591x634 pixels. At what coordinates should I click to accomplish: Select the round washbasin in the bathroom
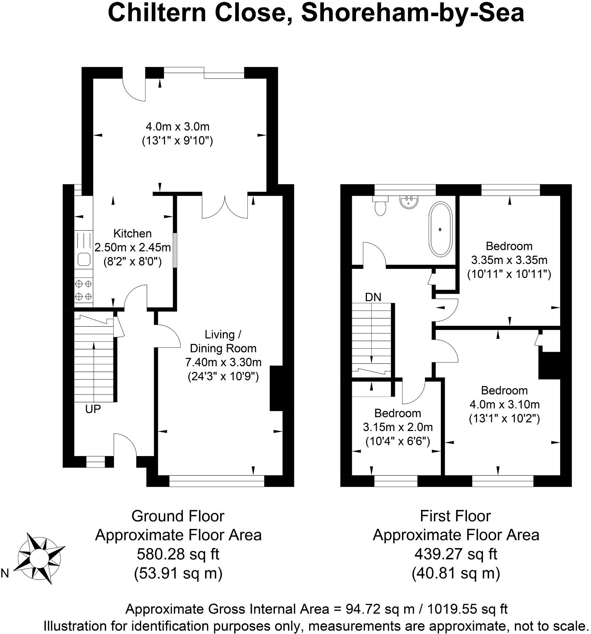[408, 202]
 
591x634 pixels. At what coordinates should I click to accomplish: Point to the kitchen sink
[84, 259]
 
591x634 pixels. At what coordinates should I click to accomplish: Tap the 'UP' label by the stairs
[93, 409]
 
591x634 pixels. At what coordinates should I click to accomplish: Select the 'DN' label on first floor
[373, 297]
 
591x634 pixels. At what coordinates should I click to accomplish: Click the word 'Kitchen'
[132, 233]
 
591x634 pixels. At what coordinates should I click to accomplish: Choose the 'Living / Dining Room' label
[223, 341]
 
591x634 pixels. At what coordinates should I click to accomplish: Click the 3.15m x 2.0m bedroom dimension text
[398, 427]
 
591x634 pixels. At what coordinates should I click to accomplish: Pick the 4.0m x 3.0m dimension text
[178, 127]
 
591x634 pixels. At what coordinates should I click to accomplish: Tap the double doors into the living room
[225, 208]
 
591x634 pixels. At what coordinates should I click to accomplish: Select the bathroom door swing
[374, 255]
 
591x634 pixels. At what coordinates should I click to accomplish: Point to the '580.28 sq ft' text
[178, 555]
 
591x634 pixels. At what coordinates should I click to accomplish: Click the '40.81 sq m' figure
[455, 573]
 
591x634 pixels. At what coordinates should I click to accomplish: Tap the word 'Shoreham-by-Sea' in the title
[412, 13]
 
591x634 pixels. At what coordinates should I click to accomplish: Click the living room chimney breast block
[276, 388]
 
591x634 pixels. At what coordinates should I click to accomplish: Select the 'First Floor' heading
[455, 516]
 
